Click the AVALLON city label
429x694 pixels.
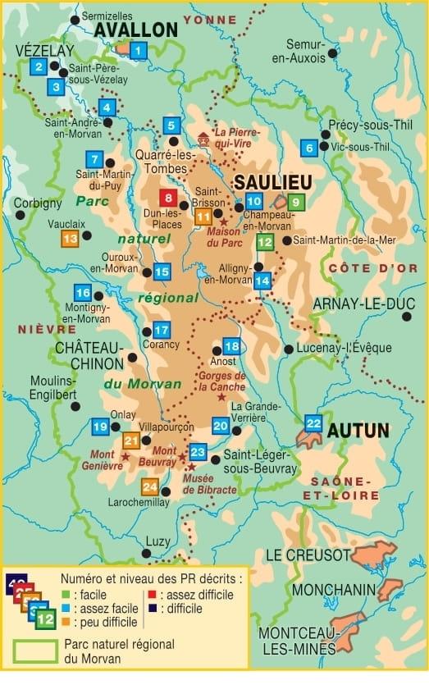[136, 30]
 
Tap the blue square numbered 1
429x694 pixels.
[139, 53]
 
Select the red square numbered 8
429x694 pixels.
[168, 198]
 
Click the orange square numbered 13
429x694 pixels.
[71, 238]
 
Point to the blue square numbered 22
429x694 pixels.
[313, 423]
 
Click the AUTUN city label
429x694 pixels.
[358, 430]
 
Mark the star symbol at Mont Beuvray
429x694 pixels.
[182, 457]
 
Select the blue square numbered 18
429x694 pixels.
[232, 346]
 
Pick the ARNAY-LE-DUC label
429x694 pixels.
[363, 304]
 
